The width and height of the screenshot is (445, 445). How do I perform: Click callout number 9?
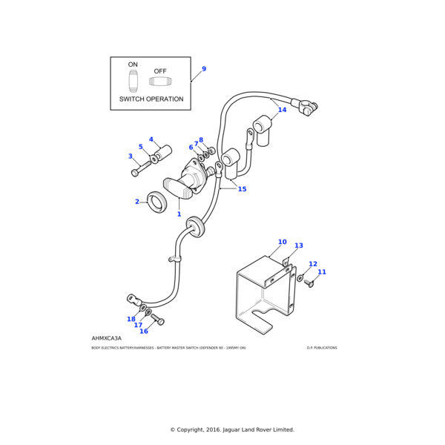(204, 69)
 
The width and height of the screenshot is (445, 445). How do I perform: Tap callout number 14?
(282, 110)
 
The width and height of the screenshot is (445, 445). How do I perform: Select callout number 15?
(242, 189)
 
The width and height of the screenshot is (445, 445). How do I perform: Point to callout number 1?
(179, 214)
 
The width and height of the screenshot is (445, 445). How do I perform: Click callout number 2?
(136, 202)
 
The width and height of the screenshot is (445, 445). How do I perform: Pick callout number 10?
(282, 242)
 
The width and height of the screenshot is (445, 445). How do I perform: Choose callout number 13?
(299, 245)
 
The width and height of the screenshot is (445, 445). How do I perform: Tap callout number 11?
(322, 272)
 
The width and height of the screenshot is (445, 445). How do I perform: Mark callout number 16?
(144, 332)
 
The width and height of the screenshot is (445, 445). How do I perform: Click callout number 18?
(131, 319)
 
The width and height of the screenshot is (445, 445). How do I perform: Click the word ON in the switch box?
(133, 65)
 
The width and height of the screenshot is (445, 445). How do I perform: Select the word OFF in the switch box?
(160, 71)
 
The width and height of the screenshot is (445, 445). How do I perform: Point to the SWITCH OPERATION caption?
(151, 99)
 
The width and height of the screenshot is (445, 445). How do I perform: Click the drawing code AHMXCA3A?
(107, 338)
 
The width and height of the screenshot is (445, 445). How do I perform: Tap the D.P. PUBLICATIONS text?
(321, 348)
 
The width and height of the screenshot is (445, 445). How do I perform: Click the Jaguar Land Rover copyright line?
(232, 429)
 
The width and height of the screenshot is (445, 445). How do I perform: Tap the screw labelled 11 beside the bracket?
(310, 283)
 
